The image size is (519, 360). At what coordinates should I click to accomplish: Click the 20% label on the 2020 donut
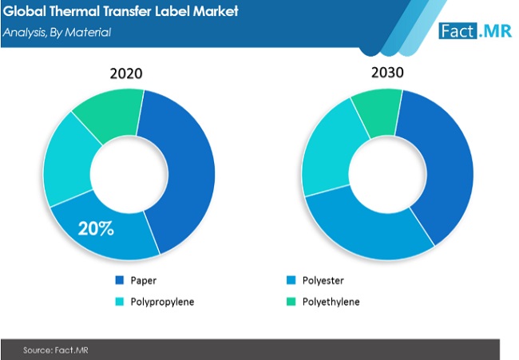(x=97, y=229)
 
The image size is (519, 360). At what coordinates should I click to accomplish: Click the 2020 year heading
(x=126, y=73)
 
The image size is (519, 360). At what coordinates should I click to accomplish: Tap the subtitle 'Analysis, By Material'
(x=57, y=33)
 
